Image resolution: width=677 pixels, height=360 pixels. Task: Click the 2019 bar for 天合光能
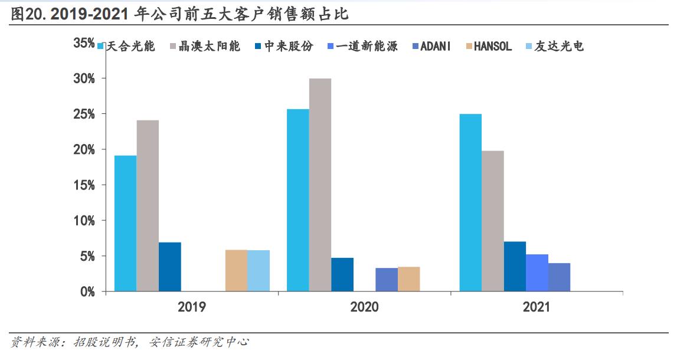125,223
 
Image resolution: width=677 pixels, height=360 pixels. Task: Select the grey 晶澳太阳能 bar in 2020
320,185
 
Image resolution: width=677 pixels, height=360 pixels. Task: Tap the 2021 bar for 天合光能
470,202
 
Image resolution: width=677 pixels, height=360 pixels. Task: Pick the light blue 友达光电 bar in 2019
258,271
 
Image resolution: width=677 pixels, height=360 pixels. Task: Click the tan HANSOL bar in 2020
408,279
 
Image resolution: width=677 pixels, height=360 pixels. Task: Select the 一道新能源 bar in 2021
537,273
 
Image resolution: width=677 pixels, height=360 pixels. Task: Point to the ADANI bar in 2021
559,277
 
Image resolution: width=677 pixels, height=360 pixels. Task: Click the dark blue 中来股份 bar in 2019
169,267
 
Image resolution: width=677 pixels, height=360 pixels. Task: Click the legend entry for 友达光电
554,47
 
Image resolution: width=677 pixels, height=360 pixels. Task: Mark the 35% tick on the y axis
84,43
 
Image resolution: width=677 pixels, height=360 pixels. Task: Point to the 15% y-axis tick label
84,185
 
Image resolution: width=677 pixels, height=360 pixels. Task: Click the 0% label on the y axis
87,292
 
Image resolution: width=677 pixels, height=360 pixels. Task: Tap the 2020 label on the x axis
364,307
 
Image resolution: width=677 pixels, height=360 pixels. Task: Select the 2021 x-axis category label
537,307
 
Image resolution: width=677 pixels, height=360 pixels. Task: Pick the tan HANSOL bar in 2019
236,271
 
